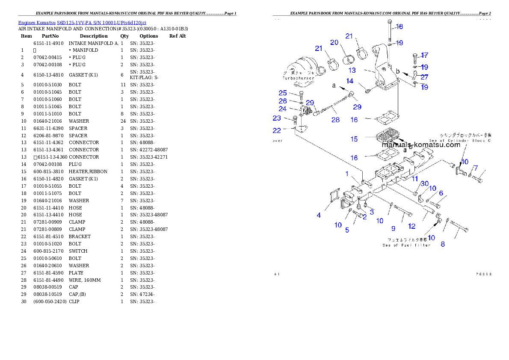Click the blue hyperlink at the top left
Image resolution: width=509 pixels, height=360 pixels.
(82, 22)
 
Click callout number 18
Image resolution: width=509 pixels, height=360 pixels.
(399, 27)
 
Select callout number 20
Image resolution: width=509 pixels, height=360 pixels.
(334, 42)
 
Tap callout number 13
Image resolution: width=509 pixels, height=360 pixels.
(352, 71)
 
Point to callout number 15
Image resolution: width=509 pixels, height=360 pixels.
(354, 139)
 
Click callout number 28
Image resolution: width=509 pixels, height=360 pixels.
(335, 120)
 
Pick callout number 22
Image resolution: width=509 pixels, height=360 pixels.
(277, 130)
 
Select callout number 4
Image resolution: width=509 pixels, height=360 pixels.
(319, 215)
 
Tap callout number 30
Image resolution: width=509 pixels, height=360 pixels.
(424, 183)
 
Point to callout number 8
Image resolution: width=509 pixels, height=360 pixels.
(443, 244)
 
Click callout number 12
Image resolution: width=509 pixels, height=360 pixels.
(411, 226)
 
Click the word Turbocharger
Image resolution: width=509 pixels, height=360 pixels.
(298, 78)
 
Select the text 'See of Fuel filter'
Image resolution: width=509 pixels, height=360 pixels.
(406, 245)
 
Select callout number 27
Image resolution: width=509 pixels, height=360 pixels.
(424, 77)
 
